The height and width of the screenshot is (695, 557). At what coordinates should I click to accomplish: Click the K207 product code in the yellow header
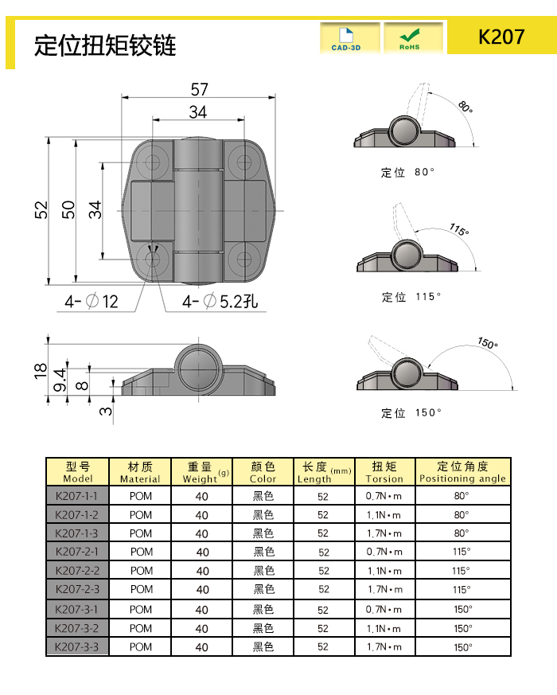click(501, 37)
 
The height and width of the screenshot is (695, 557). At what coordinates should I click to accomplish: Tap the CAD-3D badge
click(349, 37)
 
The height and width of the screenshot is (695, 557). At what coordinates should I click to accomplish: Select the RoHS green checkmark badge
click(413, 37)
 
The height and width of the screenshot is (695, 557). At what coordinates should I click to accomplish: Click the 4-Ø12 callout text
click(92, 302)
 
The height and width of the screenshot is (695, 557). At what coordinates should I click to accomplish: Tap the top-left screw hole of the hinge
click(153, 162)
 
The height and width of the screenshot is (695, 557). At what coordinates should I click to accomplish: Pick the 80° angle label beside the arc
click(465, 107)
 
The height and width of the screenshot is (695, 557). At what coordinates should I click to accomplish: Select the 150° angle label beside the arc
click(487, 343)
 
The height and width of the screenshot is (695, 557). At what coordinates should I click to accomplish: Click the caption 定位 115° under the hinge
click(410, 297)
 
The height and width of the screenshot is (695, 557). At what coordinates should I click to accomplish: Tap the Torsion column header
click(384, 472)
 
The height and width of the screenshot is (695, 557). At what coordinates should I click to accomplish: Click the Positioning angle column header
click(462, 472)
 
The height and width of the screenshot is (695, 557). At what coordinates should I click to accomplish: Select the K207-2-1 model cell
click(77, 552)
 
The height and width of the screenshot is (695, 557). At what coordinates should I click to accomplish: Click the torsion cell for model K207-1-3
click(384, 533)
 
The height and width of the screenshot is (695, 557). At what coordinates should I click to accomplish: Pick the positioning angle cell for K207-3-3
click(462, 647)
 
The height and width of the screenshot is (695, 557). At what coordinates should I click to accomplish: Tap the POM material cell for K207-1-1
click(140, 495)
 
